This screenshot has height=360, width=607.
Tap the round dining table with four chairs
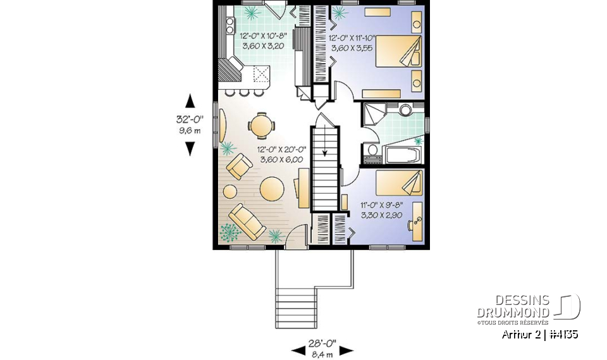pyautogui.click(x=261, y=124)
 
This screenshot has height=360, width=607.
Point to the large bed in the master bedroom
pyautogui.click(x=399, y=51)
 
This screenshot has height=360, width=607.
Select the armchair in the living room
pyautogui.click(x=240, y=168)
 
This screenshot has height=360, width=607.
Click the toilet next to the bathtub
pyautogui.click(x=372, y=152)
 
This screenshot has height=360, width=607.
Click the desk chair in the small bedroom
pyautogui.click(x=415, y=222)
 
